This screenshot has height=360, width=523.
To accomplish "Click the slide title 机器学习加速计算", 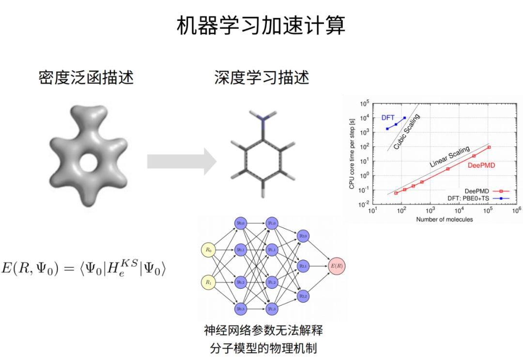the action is tap(261, 26).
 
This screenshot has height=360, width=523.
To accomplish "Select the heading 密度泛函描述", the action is tap(86, 78).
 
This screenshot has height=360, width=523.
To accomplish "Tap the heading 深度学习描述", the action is tap(261, 78).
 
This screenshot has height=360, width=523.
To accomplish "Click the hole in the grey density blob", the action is tap(88, 163).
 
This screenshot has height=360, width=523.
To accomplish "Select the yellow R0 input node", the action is tap(208, 250).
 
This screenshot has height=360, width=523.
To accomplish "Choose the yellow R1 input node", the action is tap(208, 281).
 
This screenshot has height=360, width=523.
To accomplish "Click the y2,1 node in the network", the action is tap(304, 266).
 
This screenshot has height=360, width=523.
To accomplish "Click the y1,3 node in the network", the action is tap(272, 308).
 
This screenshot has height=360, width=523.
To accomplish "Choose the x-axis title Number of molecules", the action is tap(444, 219).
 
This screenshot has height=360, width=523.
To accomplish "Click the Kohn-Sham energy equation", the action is tap(84, 267).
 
